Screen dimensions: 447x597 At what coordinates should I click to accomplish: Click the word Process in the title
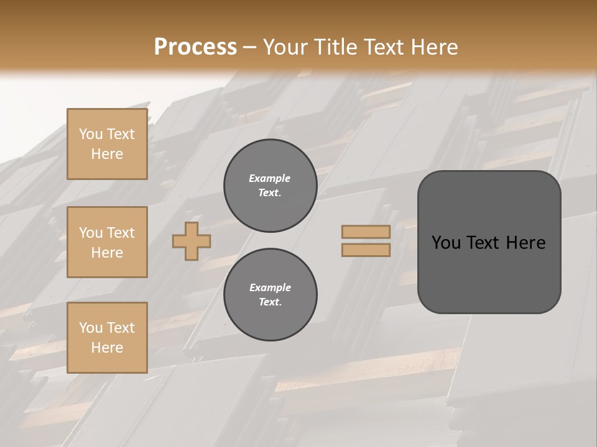click(195, 47)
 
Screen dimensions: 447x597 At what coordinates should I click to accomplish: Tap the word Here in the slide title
click(433, 47)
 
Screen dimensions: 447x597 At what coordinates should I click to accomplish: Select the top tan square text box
click(107, 144)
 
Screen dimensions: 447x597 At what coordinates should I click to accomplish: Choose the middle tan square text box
click(107, 242)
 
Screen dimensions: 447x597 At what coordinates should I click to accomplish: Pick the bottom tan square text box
click(107, 338)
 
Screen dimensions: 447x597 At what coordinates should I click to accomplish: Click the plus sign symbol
click(192, 241)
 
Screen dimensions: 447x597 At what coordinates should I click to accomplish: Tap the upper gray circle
click(271, 186)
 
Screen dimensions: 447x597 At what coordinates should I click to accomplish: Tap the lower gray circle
click(271, 295)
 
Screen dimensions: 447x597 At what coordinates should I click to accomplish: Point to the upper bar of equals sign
click(366, 232)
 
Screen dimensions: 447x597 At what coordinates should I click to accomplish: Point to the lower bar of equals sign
click(366, 250)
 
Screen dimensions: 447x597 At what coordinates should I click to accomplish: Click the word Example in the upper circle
click(270, 178)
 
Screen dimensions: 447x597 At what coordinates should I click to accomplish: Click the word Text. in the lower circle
click(270, 302)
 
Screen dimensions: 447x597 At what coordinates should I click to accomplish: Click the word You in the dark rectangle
click(446, 243)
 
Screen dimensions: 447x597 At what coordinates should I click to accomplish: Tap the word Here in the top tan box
click(107, 154)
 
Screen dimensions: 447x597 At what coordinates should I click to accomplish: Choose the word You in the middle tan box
click(90, 233)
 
